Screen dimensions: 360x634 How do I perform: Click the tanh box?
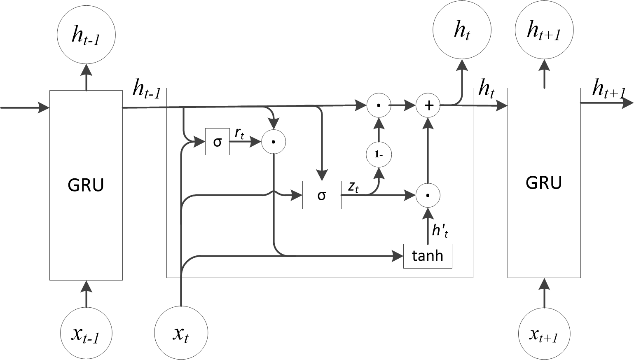point(428,256)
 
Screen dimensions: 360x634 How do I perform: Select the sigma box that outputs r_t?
point(218,142)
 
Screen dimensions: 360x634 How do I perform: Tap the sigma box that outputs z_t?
point(322,195)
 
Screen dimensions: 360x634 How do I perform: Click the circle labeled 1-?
point(379,154)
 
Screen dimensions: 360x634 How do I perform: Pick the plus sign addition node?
point(428,105)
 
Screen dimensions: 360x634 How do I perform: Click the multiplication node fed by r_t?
point(274,142)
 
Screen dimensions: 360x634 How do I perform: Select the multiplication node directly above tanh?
point(428,195)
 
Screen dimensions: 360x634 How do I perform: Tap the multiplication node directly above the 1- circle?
point(379,105)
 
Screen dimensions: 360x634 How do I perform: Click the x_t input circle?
point(181,333)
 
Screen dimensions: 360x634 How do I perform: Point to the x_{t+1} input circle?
point(545,334)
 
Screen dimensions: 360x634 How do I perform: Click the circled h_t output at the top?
point(462,30)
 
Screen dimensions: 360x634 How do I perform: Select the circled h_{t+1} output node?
point(545,30)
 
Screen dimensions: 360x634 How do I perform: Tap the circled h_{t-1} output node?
point(86,35)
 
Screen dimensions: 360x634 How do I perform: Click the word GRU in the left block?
point(86,185)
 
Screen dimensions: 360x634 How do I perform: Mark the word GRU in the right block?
point(544,182)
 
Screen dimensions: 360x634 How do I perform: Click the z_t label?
point(353,187)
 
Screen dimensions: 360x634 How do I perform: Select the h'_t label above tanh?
point(440,231)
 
